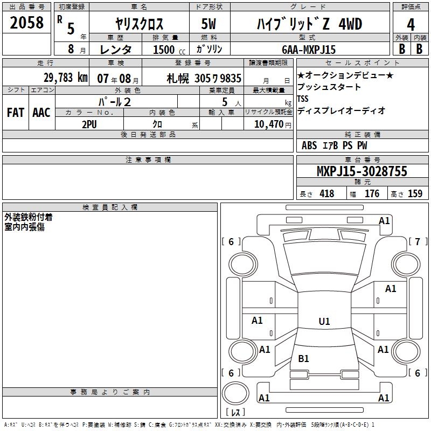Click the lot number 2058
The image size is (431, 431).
[x=26, y=23]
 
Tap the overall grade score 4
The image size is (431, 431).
[x=411, y=25]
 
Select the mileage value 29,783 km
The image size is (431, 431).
[x=66, y=78]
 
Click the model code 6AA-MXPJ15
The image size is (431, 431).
[x=309, y=50]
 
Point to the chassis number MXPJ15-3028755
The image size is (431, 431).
[x=362, y=171]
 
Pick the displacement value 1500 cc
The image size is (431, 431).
[x=169, y=50]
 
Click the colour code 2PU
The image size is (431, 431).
[x=89, y=124]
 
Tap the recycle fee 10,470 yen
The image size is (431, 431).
[x=273, y=124]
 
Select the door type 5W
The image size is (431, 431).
[x=208, y=24]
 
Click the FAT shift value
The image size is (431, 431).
[x=16, y=113]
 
